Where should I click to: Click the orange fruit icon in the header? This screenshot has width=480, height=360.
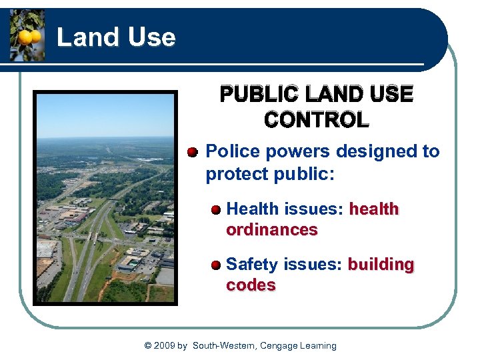tap(27, 36)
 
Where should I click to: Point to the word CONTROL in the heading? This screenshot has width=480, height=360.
tap(316, 121)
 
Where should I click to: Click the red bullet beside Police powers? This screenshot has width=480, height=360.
tap(193, 153)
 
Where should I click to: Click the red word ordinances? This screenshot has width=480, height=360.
tap(272, 230)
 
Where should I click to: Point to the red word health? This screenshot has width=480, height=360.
tap(374, 209)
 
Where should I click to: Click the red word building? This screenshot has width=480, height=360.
tap(381, 265)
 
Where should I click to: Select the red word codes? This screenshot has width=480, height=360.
tap(251, 285)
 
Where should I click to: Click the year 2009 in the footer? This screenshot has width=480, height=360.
tap(165, 345)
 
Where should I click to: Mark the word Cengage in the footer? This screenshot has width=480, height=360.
tap(279, 345)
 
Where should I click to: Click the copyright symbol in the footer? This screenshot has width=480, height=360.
tap(147, 345)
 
